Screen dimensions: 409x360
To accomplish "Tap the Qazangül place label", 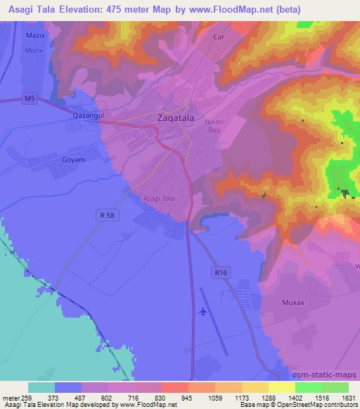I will tap(89, 114).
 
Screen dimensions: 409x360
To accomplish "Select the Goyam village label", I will tap(73, 160).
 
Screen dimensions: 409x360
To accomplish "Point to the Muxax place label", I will tap(293, 302).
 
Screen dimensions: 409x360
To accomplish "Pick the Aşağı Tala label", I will tap(158, 199).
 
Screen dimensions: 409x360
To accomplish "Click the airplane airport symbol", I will tap(203, 311).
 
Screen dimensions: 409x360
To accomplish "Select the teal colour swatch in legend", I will tap(41, 387).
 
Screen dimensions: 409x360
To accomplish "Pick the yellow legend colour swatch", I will tap(281, 387).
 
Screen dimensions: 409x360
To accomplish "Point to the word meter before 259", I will tap(11, 398).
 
